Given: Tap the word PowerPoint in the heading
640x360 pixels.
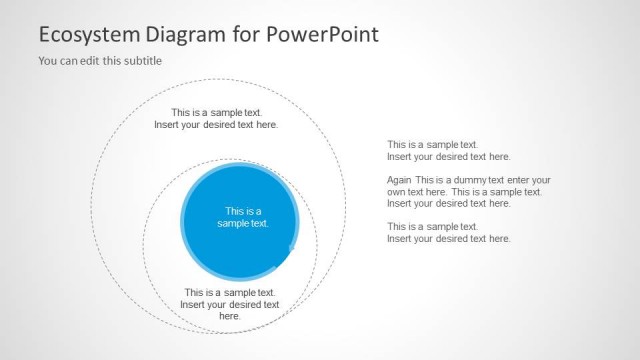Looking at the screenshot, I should click(x=323, y=35).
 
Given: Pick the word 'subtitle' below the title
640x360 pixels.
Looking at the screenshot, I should click(x=142, y=61).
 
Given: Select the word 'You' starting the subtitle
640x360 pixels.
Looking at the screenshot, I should click(x=48, y=61).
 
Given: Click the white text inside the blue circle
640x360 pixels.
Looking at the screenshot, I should click(x=243, y=217).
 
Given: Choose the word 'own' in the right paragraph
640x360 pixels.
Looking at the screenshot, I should click(x=397, y=192).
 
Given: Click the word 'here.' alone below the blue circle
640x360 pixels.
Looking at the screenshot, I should click(x=230, y=316).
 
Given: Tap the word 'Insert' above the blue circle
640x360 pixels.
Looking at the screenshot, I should click(x=168, y=125).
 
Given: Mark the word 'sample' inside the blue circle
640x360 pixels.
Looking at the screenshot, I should click(x=233, y=223).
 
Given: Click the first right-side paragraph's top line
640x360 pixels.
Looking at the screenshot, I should click(x=432, y=145).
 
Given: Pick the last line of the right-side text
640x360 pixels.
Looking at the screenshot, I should click(x=448, y=239).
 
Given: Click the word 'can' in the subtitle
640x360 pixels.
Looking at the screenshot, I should click(x=67, y=61).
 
